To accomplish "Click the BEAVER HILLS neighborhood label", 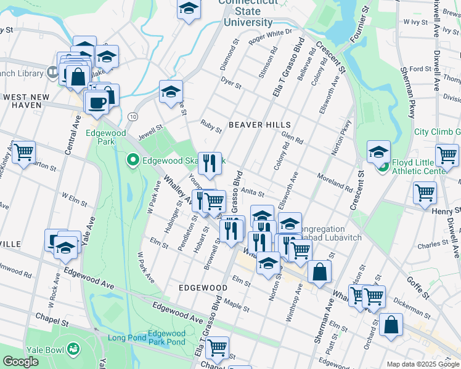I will (x=259, y=125).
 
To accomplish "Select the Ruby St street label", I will (x=211, y=126).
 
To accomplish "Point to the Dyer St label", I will (x=230, y=83).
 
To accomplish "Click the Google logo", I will (x=20, y=362).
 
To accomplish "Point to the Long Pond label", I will (x=127, y=338).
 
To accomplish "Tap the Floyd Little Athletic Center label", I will (x=425, y=167).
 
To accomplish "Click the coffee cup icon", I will (x=96, y=103).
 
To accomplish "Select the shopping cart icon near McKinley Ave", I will (x=23, y=151).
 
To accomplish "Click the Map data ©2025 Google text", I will (x=423, y=363).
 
